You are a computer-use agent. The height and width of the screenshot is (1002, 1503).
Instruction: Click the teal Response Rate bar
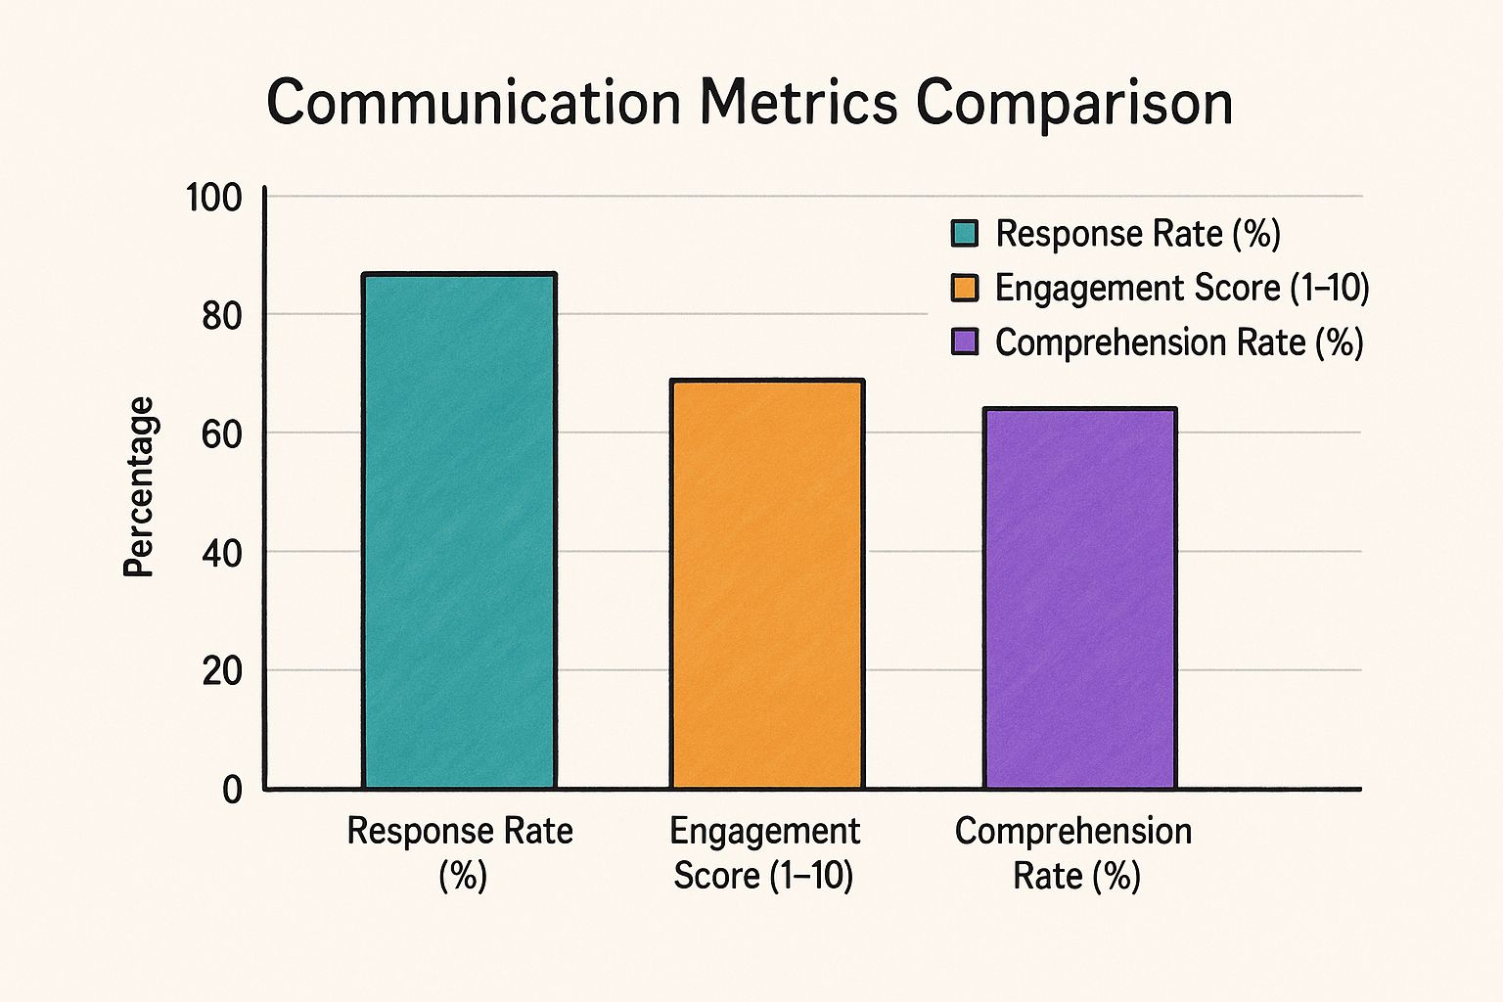click(x=459, y=530)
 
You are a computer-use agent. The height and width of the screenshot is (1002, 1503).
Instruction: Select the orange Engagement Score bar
click(x=766, y=584)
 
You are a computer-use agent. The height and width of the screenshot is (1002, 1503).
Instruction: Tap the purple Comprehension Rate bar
click(x=1079, y=598)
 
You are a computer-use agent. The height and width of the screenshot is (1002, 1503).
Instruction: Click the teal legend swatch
click(x=965, y=234)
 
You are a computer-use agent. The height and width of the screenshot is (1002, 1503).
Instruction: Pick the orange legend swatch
click(x=965, y=288)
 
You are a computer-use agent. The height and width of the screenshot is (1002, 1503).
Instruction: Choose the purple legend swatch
click(x=965, y=342)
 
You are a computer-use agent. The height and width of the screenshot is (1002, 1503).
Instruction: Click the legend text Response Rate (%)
click(x=1138, y=234)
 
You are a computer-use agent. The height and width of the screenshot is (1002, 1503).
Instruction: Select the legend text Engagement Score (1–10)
click(x=1182, y=288)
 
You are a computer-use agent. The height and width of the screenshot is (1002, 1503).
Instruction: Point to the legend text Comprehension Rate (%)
click(x=1179, y=342)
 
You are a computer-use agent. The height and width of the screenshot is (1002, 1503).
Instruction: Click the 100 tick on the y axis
click(x=214, y=198)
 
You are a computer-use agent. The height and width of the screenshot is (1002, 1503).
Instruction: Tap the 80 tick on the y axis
click(x=221, y=316)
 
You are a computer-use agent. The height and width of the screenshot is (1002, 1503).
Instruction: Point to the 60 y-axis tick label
click(x=221, y=434)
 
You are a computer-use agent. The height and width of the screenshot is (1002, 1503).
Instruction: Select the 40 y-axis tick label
click(x=221, y=553)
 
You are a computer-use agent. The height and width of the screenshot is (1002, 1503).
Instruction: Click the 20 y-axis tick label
click(x=221, y=671)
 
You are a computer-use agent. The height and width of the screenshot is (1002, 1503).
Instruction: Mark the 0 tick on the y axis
click(x=232, y=790)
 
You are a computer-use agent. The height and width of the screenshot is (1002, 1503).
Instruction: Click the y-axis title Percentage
click(x=139, y=486)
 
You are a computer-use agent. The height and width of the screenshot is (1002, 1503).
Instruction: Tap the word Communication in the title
click(x=474, y=103)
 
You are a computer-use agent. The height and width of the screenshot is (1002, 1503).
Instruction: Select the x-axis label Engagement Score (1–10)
click(x=764, y=852)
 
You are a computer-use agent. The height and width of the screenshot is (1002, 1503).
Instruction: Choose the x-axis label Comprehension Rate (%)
click(x=1074, y=852)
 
